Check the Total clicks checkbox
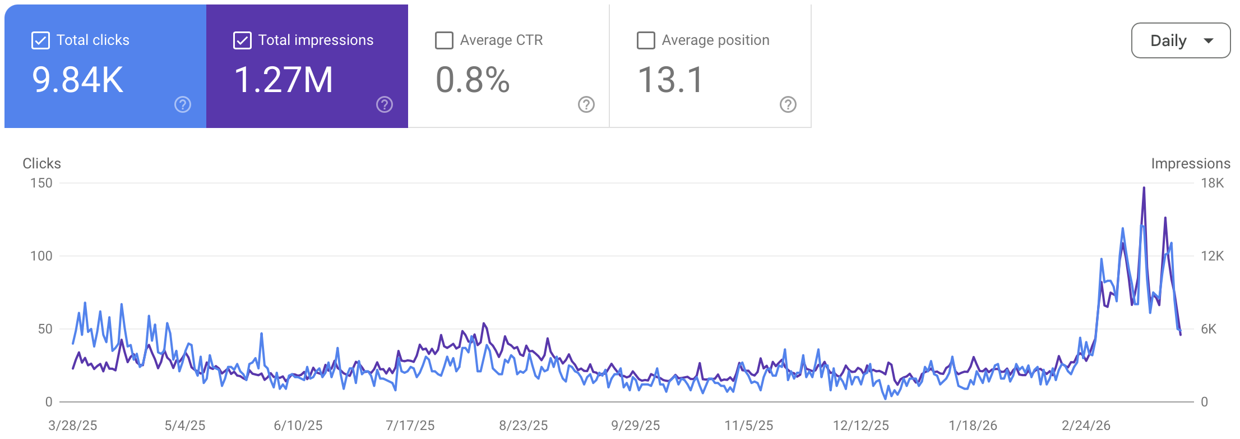point(41,40)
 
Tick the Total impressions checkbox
point(242,40)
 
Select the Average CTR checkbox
point(444,40)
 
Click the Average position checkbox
point(646,40)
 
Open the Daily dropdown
point(1181,40)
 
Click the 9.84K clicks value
point(77,80)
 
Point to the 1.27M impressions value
point(283,80)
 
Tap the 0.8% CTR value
point(473,80)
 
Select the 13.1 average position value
point(670,80)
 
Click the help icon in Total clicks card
point(183,104)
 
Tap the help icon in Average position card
point(788,104)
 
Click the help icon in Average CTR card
point(586,104)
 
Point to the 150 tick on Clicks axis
point(41,183)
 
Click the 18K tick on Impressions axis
point(1212,183)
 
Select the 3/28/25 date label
point(73,426)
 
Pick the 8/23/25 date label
point(524,426)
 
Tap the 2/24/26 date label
point(1086,426)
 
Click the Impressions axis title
point(1191,163)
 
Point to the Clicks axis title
point(41,163)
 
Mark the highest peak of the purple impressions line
point(1144,188)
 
